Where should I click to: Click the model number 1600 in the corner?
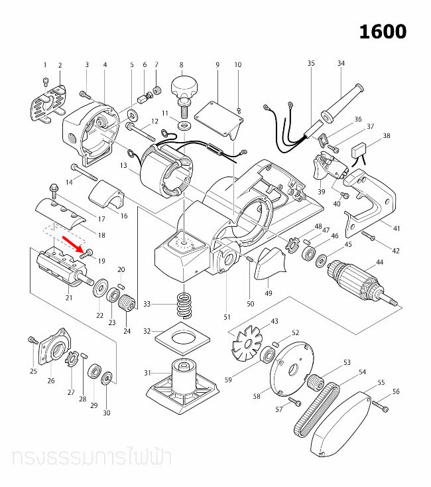(383, 31)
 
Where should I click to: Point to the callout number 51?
(227, 317)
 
